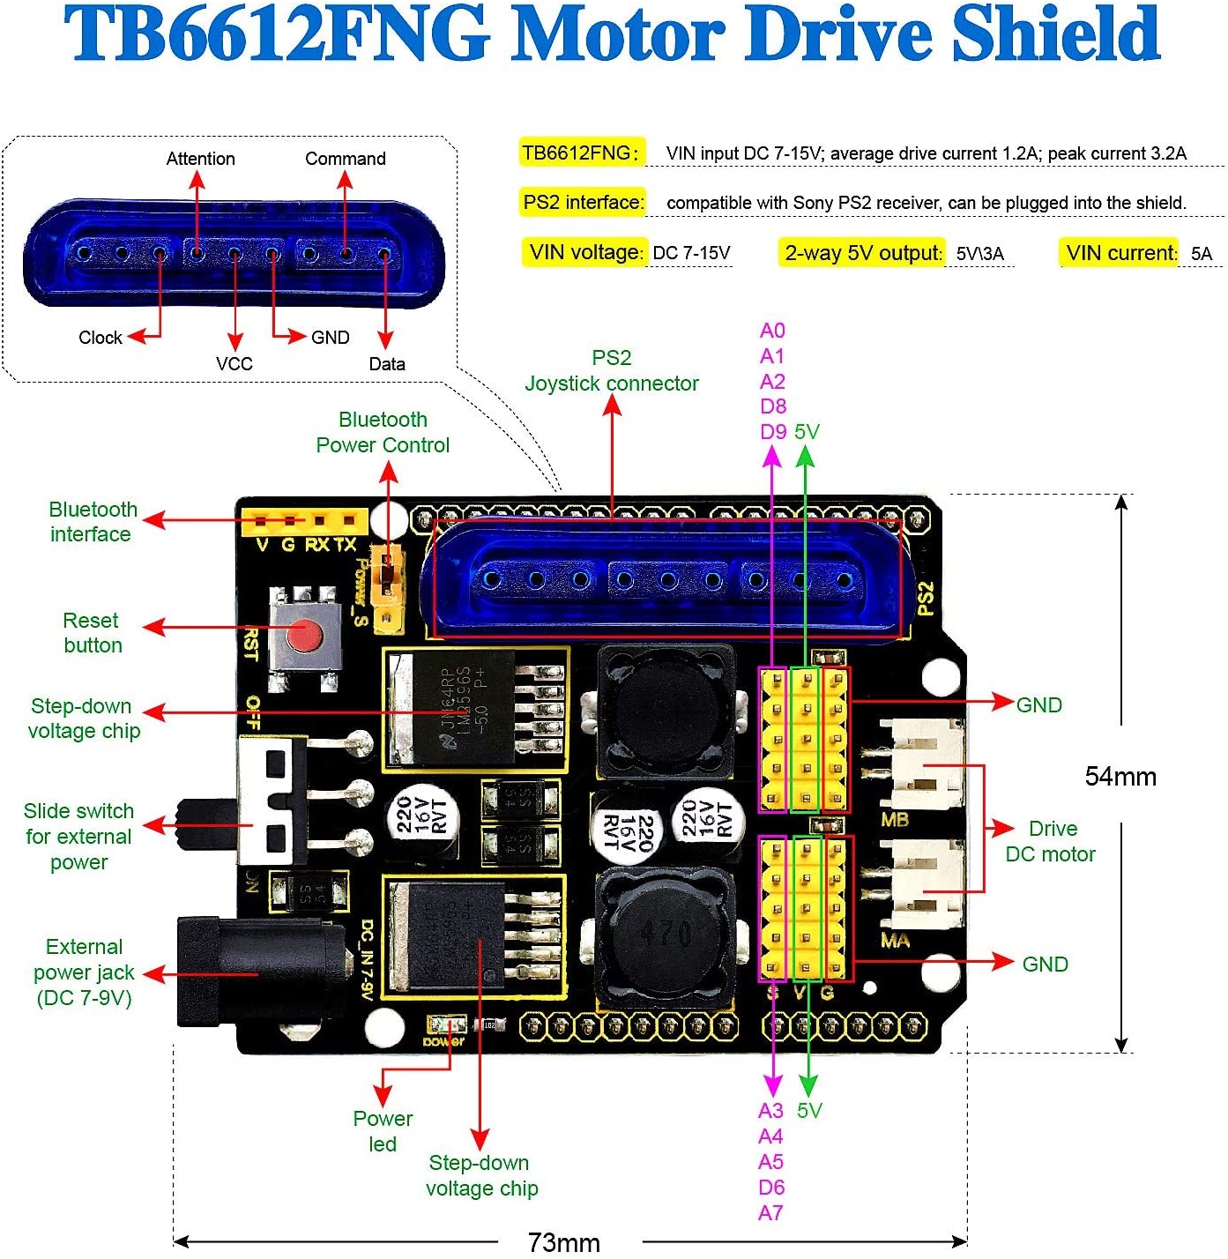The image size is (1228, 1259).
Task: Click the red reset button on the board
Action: pos(305,635)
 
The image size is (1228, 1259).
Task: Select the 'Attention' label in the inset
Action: pos(201,159)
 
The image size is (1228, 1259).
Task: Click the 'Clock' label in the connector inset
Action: pos(100,338)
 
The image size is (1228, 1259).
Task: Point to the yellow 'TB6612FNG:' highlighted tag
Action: pos(580,153)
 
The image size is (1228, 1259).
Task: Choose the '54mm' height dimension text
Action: pos(1120,777)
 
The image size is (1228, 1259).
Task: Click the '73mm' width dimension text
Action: pos(564,1242)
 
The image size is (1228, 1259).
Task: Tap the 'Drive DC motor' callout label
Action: pos(1051,841)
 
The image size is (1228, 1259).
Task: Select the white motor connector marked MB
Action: pos(925,764)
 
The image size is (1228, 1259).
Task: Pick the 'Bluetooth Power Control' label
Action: pos(383,432)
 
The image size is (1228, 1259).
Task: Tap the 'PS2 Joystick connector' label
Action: pos(612,370)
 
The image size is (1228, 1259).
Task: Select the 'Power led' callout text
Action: pos(383,1131)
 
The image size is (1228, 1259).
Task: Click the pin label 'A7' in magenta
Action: pos(770,1213)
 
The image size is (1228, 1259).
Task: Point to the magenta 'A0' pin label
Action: pos(772,331)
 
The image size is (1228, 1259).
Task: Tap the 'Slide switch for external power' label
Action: pos(78,836)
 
